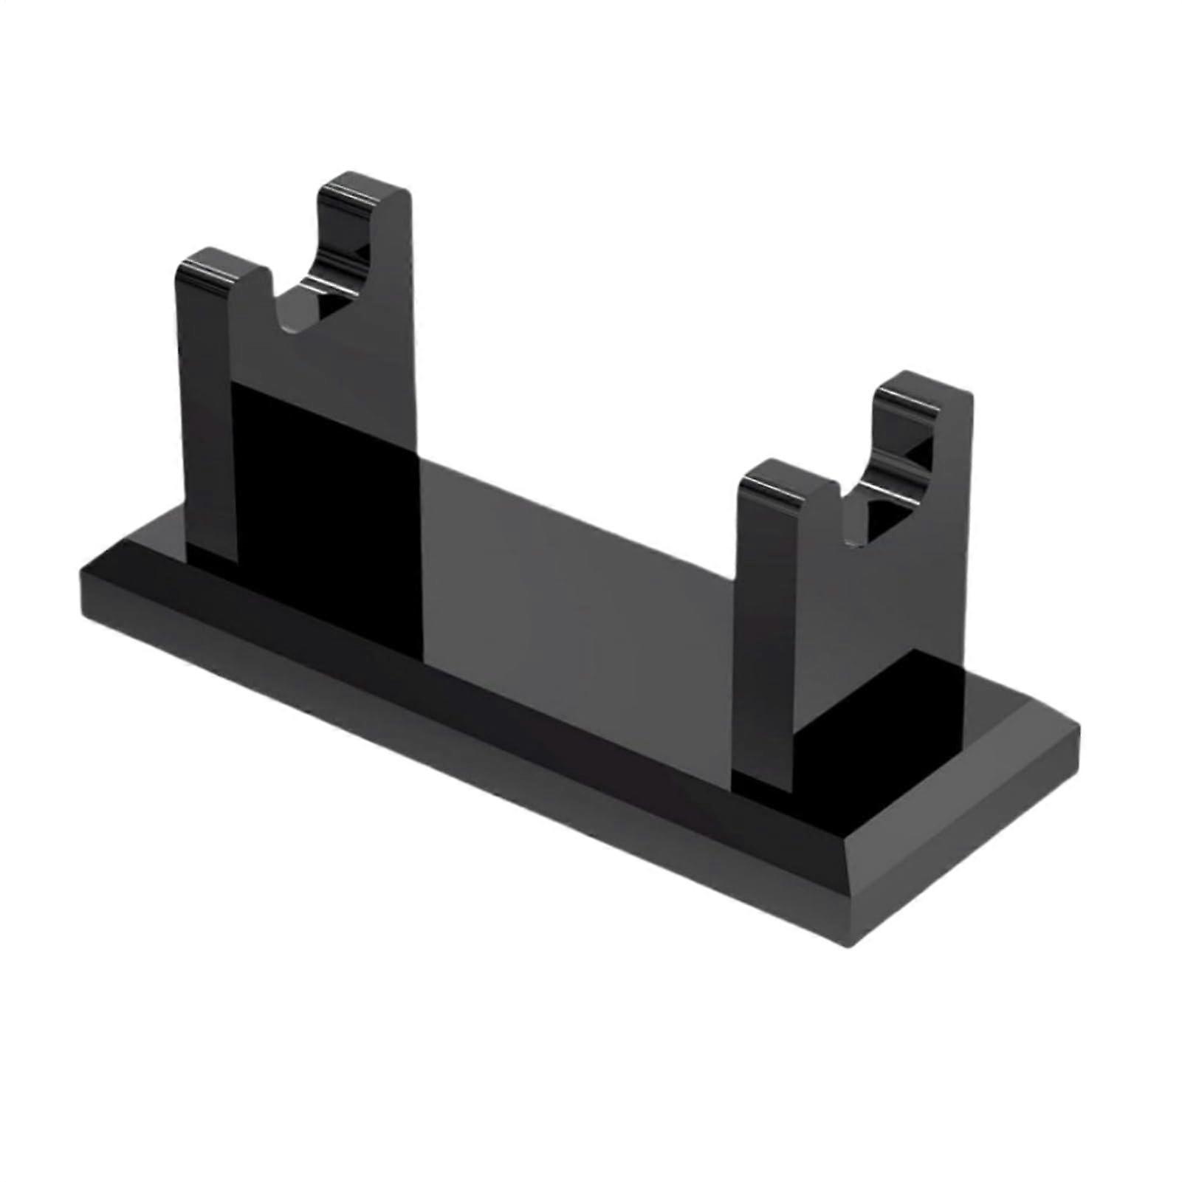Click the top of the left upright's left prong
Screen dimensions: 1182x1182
[218, 264]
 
